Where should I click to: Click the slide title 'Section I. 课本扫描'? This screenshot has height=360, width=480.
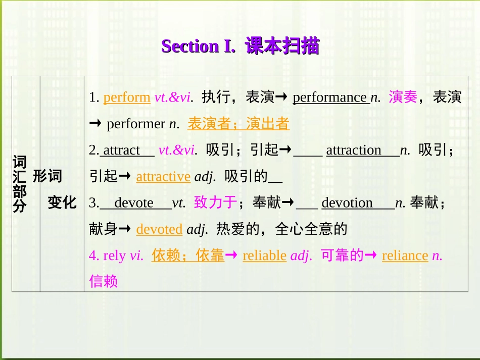pos(240,46)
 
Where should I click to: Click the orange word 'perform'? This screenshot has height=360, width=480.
pos(127,97)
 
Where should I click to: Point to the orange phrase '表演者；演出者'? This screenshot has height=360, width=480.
pos(238,124)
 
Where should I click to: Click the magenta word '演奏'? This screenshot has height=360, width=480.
pos(403,97)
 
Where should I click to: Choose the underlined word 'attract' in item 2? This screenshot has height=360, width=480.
pos(122,150)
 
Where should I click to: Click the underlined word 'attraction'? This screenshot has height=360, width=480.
pos(354,150)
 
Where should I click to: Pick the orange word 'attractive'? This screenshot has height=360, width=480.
pos(163,176)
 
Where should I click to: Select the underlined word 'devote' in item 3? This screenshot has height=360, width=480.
pos(134,203)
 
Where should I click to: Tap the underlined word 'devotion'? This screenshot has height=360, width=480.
pos(347,203)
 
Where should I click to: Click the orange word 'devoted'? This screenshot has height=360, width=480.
pos(159,229)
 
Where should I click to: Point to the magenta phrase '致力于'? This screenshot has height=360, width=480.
pos(215,203)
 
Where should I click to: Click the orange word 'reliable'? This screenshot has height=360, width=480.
pos(265,255)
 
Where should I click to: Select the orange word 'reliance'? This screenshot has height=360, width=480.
pos(405,255)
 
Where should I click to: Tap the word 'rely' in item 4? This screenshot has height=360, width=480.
pos(114,255)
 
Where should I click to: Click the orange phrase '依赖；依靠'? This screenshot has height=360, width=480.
pos(188,255)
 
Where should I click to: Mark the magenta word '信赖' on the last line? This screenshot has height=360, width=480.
pos(104,281)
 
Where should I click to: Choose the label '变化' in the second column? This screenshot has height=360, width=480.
pos(62,203)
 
